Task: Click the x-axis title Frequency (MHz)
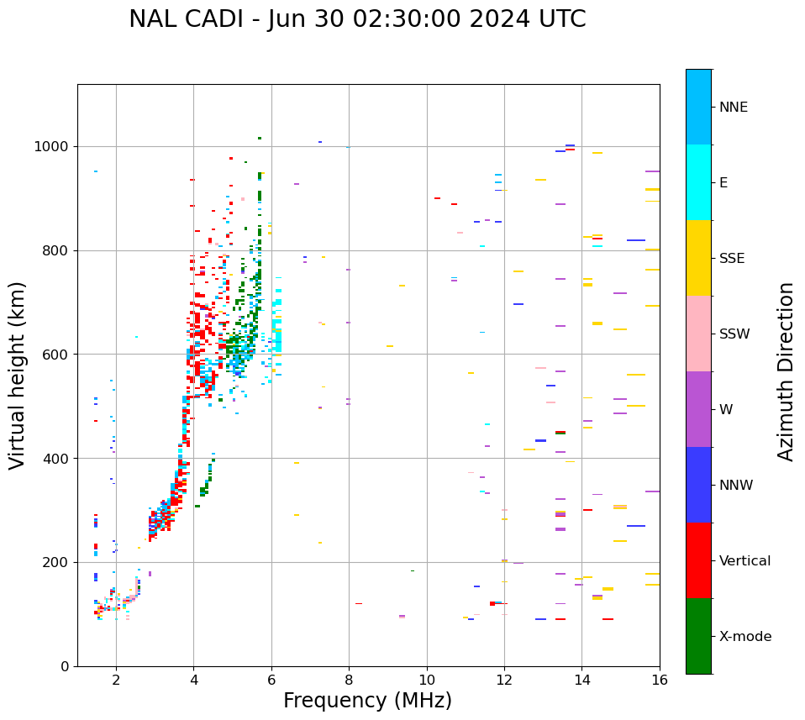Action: pos(367,701)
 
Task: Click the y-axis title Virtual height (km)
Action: pos(18,375)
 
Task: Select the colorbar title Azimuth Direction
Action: pos(786,371)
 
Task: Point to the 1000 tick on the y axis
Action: pos(55,146)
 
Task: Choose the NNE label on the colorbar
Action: pos(733,108)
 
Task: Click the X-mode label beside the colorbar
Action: pos(745,637)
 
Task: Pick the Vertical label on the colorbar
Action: pos(745,561)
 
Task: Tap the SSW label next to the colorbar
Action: pos(734,334)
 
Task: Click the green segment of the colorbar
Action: pos(698,636)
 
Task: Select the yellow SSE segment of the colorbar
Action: pos(698,258)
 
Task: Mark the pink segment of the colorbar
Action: pos(698,334)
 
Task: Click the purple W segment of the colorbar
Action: pos(698,409)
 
